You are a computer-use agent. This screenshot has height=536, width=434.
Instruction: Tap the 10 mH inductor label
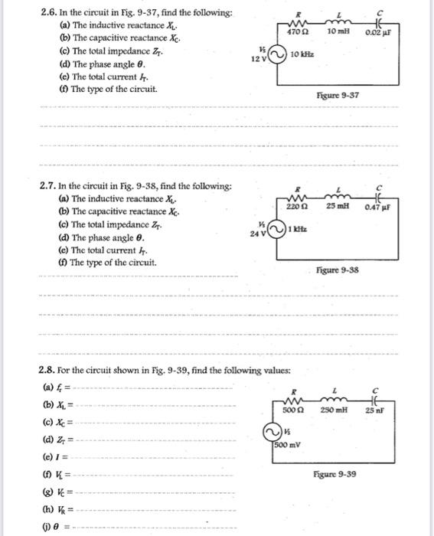(x=338, y=31)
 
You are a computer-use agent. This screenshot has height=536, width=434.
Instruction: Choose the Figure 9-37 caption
(x=338, y=95)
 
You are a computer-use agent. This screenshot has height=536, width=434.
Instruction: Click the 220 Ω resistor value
(x=297, y=207)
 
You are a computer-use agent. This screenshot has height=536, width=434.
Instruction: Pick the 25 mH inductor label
(x=338, y=207)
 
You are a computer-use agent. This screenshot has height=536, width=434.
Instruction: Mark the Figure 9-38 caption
(x=338, y=270)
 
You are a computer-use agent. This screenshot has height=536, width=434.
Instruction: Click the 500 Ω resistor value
(x=293, y=410)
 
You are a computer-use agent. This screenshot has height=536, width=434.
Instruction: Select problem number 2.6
(x=49, y=13)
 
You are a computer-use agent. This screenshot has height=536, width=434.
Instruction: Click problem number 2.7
(x=49, y=186)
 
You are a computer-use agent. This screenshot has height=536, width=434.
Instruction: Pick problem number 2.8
(x=49, y=371)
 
